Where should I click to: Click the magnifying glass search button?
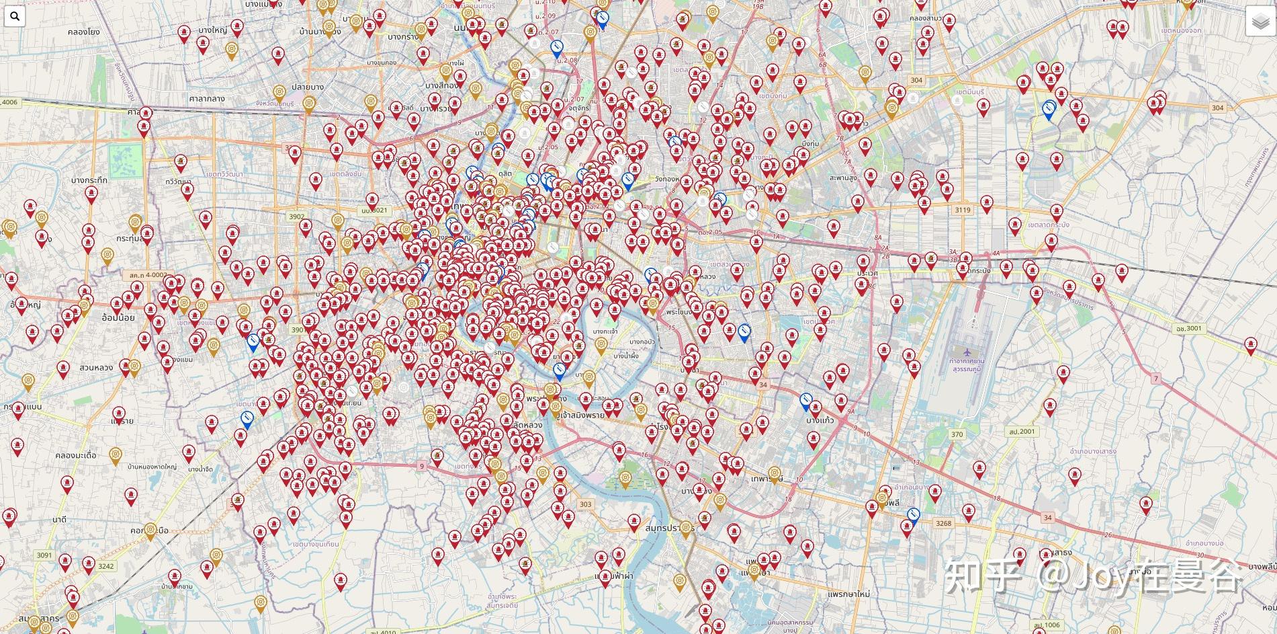click(x=14, y=16)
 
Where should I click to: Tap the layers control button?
click(x=1260, y=22)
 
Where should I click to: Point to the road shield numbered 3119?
click(x=963, y=210)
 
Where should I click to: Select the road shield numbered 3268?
click(x=943, y=523)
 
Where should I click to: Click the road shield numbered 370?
click(x=957, y=434)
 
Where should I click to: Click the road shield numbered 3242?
click(x=105, y=566)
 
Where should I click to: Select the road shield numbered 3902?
click(x=297, y=216)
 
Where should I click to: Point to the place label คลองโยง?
click(x=84, y=32)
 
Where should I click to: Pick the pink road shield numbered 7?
click(x=1156, y=379)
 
